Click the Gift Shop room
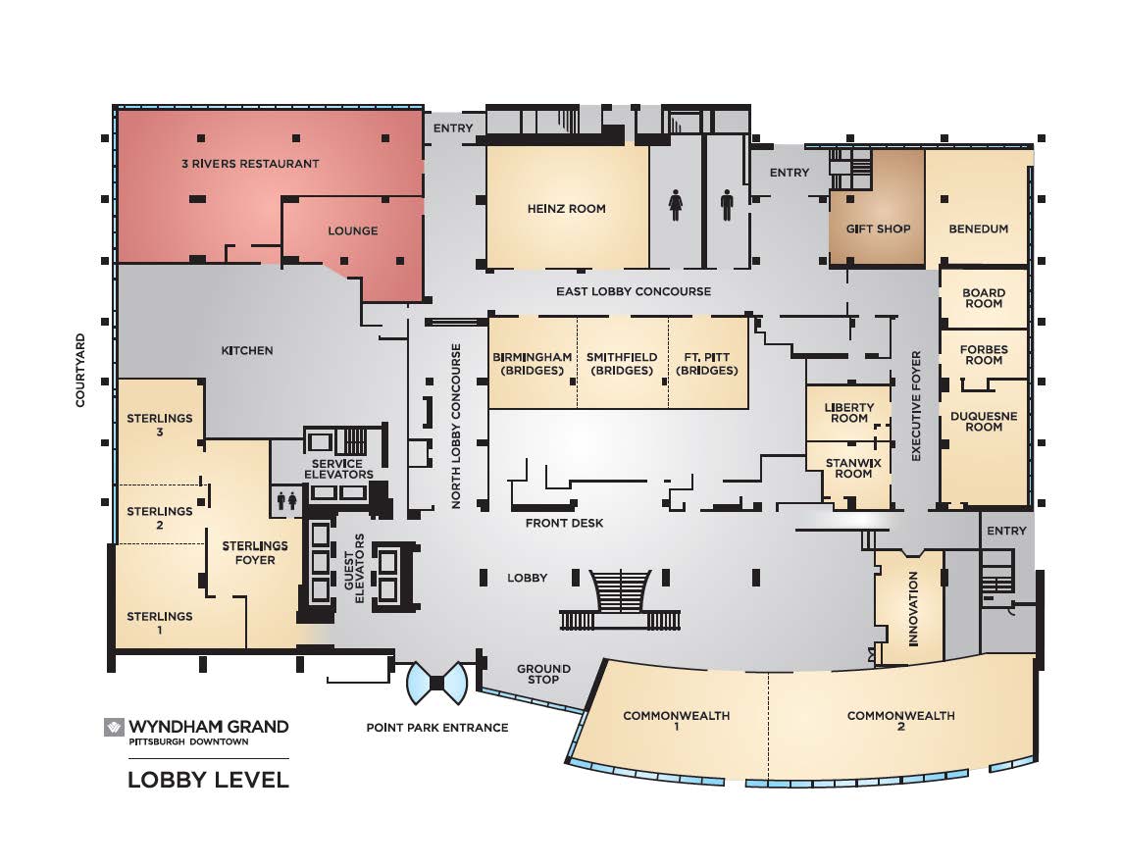click(x=877, y=208)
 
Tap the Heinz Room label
click(x=566, y=209)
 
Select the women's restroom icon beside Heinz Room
click(x=676, y=205)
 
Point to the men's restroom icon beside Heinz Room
click(x=727, y=205)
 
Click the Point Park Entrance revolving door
click(x=437, y=684)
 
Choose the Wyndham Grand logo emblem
click(x=114, y=728)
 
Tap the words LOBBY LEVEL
click(x=208, y=779)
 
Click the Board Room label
click(x=984, y=298)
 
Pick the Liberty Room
click(x=848, y=413)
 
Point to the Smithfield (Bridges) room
click(x=623, y=364)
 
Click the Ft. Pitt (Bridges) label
click(x=707, y=364)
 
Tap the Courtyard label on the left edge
click(x=80, y=370)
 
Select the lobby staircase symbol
click(x=620, y=599)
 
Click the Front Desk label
click(x=564, y=523)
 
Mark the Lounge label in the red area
click(x=353, y=231)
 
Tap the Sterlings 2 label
click(x=160, y=518)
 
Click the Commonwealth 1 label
click(x=676, y=721)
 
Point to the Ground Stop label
click(x=543, y=674)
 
